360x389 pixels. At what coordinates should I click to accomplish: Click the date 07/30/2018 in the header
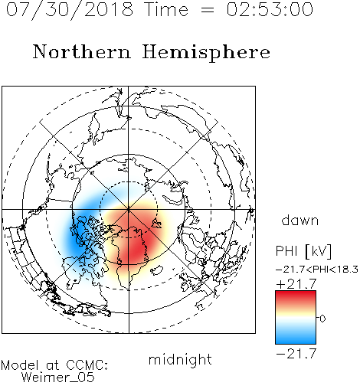coord(70,10)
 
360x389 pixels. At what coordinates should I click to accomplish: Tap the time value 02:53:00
coord(270,9)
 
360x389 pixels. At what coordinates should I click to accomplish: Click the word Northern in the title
coord(82,52)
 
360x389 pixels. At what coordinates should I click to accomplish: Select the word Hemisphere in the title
coord(206,53)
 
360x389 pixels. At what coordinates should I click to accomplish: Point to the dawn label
coord(300,220)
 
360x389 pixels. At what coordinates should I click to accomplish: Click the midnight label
coord(180,359)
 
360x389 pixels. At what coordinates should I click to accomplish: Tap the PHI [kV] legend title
coord(303,251)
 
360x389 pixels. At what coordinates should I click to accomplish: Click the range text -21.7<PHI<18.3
coord(317,270)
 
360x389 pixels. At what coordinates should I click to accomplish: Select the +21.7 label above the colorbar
coord(296,284)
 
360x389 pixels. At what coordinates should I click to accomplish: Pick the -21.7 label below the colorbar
coord(296,354)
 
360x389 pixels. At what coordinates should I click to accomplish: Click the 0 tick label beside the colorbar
coord(322,319)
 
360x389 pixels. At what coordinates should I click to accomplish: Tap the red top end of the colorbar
coord(296,293)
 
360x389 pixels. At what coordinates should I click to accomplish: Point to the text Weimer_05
coord(57,378)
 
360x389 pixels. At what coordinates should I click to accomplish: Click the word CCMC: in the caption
coord(87,365)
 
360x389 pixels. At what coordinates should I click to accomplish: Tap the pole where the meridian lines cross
coord(129,209)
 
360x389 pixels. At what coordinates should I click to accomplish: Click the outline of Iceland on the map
coord(157,270)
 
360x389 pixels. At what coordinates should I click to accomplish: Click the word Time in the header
coord(166,10)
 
